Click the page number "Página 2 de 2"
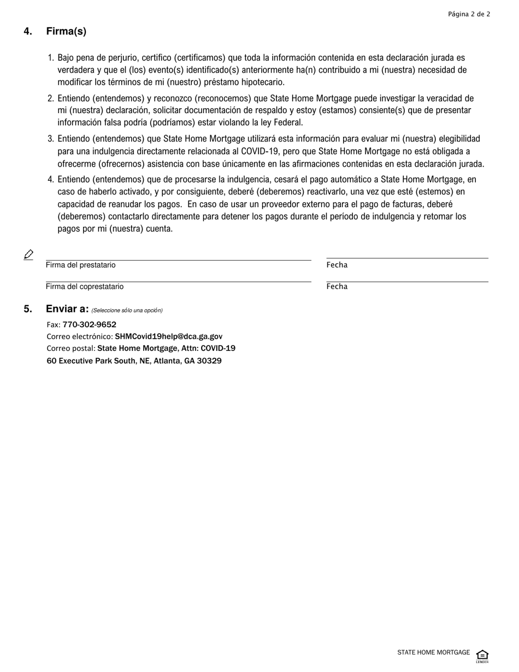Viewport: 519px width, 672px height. tap(469, 14)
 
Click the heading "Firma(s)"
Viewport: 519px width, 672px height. tap(66, 32)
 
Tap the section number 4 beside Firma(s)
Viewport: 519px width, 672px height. tap(28, 32)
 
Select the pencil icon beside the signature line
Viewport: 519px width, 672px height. tap(29, 255)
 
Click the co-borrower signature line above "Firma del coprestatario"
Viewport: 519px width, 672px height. tap(178, 281)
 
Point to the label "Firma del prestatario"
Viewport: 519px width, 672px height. tap(81, 266)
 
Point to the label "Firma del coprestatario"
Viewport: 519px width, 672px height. tap(85, 287)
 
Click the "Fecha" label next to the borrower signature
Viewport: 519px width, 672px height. tap(337, 265)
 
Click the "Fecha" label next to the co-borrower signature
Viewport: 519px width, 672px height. tap(337, 287)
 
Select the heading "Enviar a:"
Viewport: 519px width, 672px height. tap(67, 309)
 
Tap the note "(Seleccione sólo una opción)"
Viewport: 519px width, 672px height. tap(127, 310)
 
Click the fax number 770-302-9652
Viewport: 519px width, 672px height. tap(89, 325)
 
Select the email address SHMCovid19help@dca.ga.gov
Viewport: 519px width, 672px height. tap(168, 337)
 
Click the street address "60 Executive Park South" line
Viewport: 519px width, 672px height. tap(134, 361)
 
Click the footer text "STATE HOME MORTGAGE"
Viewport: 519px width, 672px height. tap(433, 652)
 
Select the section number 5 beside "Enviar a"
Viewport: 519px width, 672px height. tap(28, 309)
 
